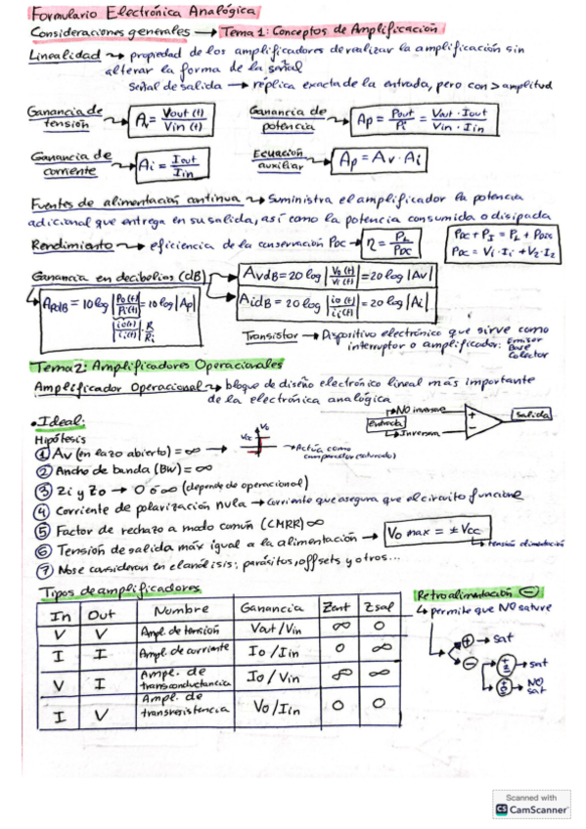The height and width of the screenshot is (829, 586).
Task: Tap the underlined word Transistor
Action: [271, 334]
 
